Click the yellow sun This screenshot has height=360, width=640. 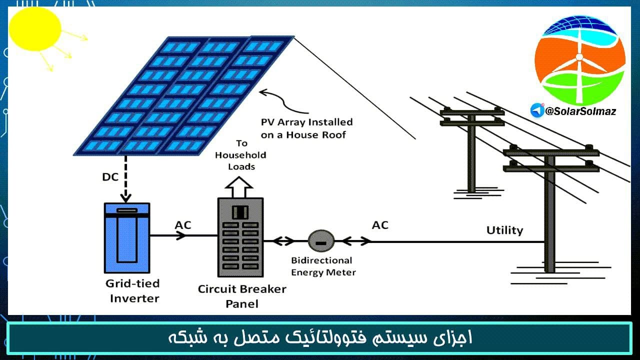click(x=35, y=28)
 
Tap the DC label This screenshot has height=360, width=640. click(x=110, y=177)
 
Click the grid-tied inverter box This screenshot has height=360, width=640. click(x=127, y=237)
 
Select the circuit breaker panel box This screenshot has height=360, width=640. click(x=240, y=237)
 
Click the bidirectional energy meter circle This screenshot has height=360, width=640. click(x=321, y=241)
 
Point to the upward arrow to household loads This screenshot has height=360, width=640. click(x=239, y=187)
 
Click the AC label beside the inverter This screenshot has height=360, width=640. click(x=183, y=225)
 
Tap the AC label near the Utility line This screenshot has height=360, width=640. click(x=380, y=225)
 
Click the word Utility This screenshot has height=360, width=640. click(x=504, y=230)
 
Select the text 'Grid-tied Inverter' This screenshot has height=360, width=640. click(x=133, y=291)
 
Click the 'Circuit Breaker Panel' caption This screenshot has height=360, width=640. click(x=242, y=296)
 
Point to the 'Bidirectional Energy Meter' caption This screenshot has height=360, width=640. click(x=323, y=266)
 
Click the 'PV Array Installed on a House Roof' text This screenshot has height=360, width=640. click(x=306, y=128)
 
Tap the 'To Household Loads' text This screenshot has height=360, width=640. click(x=241, y=155)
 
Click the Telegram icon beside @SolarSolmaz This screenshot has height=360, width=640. click(x=537, y=110)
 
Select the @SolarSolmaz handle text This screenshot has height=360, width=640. click(x=580, y=111)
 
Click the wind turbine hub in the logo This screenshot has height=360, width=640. click(x=579, y=57)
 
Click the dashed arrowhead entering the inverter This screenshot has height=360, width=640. click(x=125, y=197)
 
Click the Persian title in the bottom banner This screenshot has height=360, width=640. click(x=320, y=337)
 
